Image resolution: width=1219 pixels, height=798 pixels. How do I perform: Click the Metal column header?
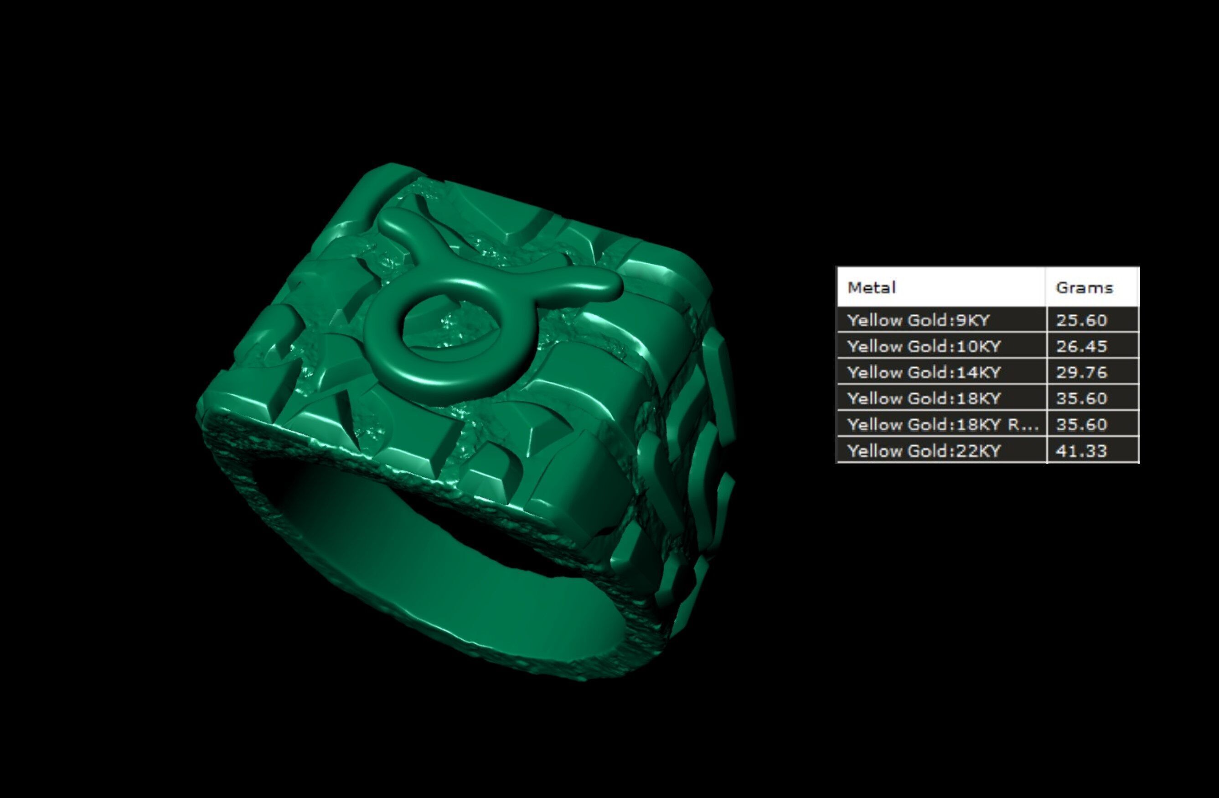(x=872, y=287)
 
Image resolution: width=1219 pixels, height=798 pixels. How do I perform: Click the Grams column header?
(x=1085, y=287)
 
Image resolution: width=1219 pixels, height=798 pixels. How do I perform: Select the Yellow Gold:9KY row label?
(x=918, y=320)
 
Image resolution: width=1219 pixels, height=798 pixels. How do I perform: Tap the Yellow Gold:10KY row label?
(x=924, y=346)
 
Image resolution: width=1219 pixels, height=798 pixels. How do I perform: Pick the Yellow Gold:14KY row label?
(x=924, y=373)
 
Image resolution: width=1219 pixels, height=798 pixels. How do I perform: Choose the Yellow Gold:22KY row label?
(x=924, y=451)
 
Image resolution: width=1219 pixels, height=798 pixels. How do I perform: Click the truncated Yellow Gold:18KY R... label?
(x=942, y=425)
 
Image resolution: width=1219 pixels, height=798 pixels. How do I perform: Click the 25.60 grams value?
(x=1081, y=320)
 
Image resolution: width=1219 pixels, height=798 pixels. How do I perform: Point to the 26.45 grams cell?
(x=1081, y=346)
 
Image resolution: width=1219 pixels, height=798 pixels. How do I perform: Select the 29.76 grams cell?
(x=1081, y=373)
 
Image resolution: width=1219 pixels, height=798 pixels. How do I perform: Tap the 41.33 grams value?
(x=1081, y=451)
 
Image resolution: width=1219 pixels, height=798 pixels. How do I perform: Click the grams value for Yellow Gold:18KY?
(x=1081, y=399)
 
